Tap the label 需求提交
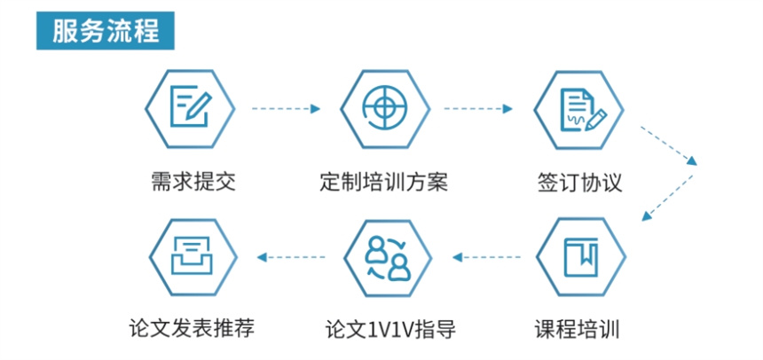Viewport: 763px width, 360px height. [x=189, y=184]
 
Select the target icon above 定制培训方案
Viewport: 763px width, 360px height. [x=384, y=108]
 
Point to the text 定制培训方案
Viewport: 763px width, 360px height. [x=384, y=184]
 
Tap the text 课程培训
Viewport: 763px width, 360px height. [x=578, y=329]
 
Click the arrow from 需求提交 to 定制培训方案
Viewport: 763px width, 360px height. [x=286, y=109]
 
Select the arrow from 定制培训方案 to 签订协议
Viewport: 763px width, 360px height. [x=479, y=109]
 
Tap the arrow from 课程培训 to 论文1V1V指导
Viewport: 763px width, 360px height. [x=486, y=257]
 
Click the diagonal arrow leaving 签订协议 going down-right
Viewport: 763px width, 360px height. [x=669, y=144]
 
